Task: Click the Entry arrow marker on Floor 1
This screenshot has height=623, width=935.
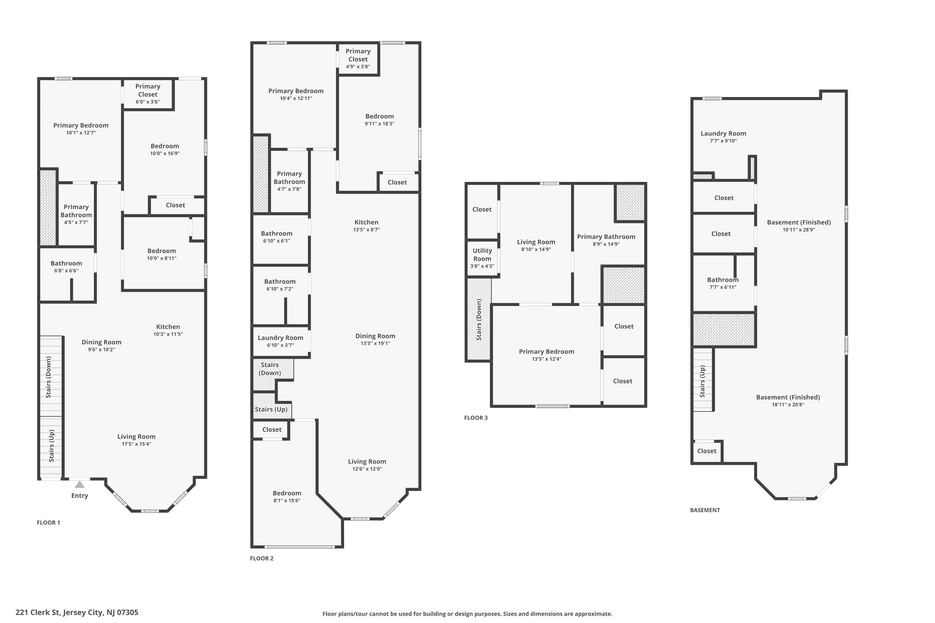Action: click(x=80, y=484)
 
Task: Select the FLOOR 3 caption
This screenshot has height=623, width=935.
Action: click(x=476, y=418)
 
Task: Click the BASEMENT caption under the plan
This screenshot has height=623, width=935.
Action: click(x=705, y=510)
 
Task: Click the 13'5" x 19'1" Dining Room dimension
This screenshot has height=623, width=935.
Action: click(x=375, y=343)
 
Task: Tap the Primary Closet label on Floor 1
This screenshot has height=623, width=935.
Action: click(x=148, y=90)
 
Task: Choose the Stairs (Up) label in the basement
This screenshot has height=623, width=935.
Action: click(x=702, y=381)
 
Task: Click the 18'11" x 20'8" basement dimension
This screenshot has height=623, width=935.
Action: click(x=788, y=404)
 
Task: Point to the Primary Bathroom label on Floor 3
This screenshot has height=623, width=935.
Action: click(x=606, y=237)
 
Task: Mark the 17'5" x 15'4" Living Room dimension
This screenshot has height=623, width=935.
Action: click(x=137, y=444)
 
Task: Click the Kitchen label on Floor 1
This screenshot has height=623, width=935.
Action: click(x=168, y=326)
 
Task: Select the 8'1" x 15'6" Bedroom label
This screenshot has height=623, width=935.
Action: click(x=287, y=493)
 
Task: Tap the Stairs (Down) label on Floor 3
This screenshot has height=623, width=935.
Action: click(x=479, y=320)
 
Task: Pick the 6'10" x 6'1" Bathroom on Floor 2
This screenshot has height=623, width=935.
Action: click(x=277, y=234)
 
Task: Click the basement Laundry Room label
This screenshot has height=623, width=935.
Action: click(x=723, y=134)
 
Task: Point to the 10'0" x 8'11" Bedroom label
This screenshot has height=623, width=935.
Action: click(x=162, y=251)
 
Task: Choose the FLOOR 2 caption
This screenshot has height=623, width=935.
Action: click(x=261, y=558)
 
